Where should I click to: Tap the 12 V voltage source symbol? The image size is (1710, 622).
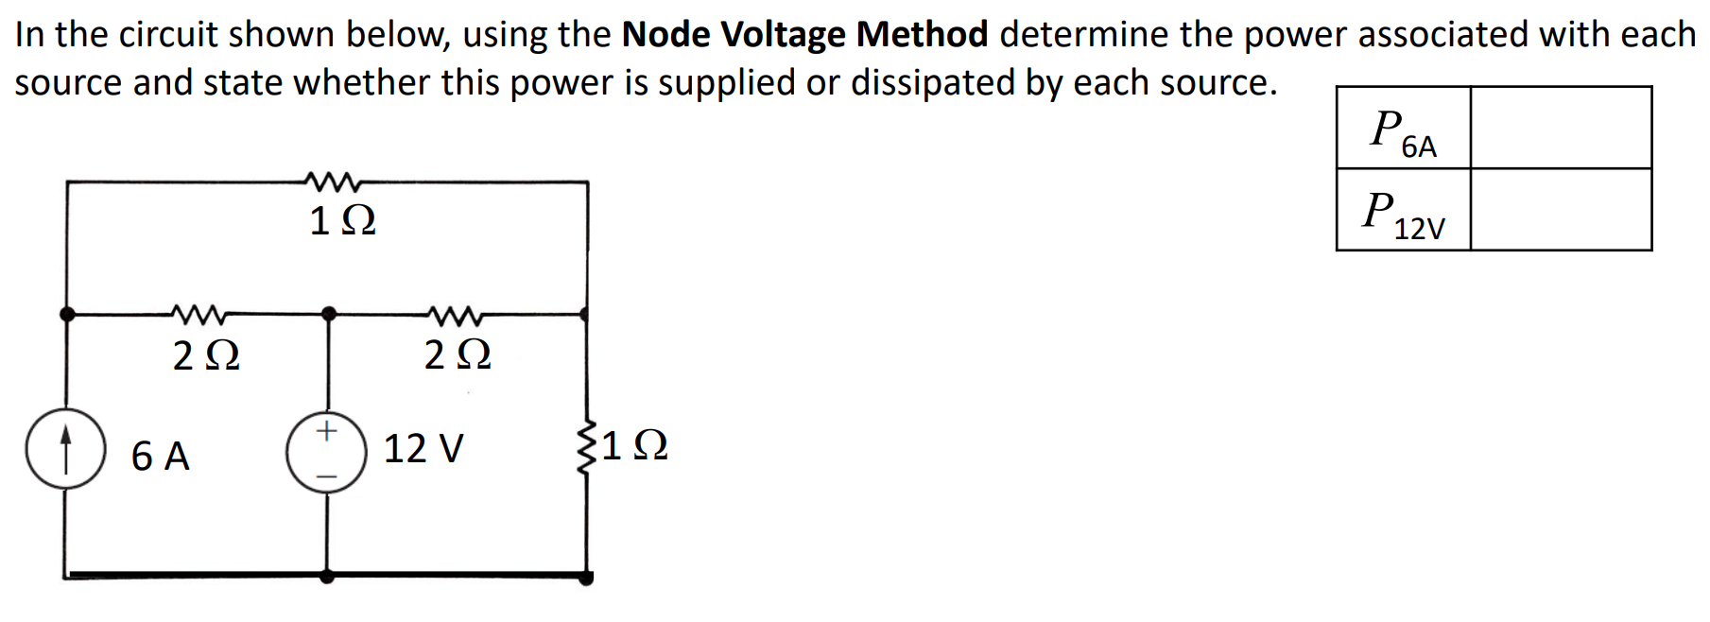[327, 452]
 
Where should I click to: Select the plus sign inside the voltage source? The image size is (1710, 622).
[326, 431]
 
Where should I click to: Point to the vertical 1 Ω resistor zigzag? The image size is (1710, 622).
[586, 445]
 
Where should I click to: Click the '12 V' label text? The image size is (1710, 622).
[423, 448]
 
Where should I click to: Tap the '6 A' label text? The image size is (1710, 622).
[161, 456]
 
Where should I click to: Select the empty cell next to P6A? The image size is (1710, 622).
[1561, 128]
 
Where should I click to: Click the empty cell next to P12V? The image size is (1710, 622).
[1561, 210]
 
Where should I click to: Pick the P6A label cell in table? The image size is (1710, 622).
[1404, 129]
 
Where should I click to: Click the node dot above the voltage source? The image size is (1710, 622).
[328, 313]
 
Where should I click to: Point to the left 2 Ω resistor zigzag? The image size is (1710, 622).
[198, 312]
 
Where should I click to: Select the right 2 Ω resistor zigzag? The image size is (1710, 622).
[456, 312]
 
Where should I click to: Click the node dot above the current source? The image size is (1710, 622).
[67, 314]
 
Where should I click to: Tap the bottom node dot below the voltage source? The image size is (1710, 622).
[327, 574]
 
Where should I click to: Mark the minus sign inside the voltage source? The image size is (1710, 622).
[326, 475]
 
